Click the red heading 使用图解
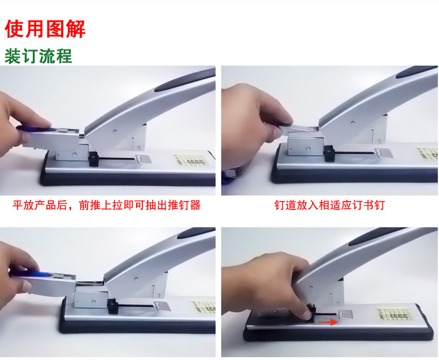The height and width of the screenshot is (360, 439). [x=45, y=28]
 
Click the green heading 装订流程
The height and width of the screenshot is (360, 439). [x=38, y=56]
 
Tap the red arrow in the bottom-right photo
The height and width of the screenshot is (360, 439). [x=328, y=322]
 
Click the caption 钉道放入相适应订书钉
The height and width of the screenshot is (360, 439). [x=330, y=205]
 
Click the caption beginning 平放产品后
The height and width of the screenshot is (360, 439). [x=106, y=205]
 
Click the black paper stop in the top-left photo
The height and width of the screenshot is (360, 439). [x=93, y=159]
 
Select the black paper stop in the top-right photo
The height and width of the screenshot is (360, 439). [x=329, y=153]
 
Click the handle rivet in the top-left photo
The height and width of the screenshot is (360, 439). [x=115, y=131]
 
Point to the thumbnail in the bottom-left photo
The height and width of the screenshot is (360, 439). [x=27, y=286]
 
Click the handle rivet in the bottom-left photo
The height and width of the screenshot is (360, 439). [x=136, y=278]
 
